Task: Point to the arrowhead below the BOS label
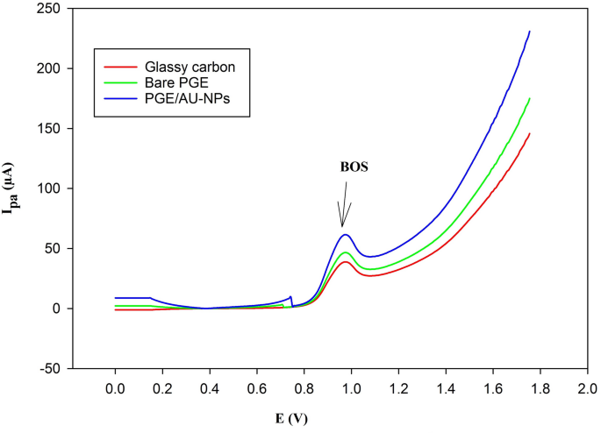pyautogui.click(x=343, y=224)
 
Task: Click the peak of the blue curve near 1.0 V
pyautogui.click(x=346, y=234)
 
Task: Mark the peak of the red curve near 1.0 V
pyautogui.click(x=346, y=262)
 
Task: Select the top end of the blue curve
pyautogui.click(x=530, y=32)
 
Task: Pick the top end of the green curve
pyautogui.click(x=530, y=98)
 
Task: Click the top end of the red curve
pyautogui.click(x=530, y=133)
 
